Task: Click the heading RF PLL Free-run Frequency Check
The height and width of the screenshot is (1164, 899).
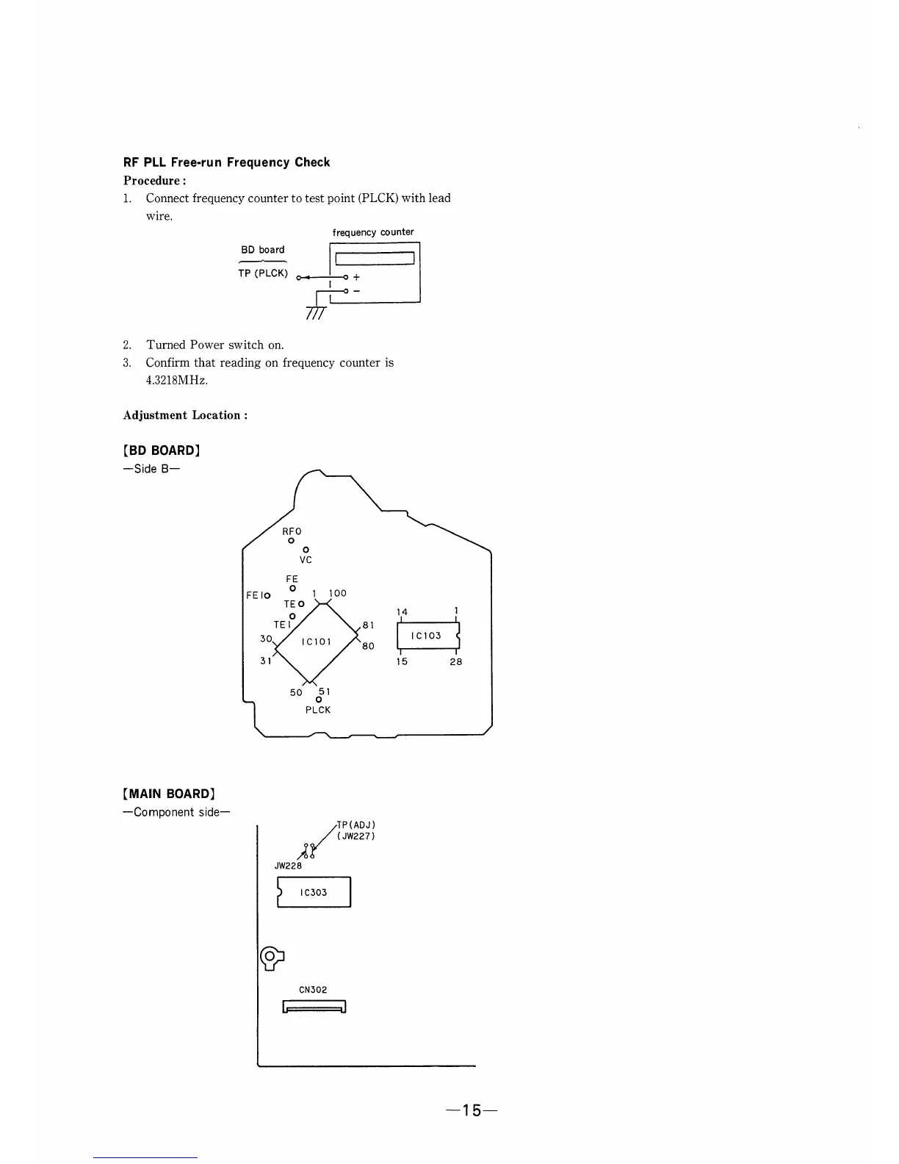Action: (226, 162)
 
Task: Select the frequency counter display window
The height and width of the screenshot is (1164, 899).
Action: (375, 258)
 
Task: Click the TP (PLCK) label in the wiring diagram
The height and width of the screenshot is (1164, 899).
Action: (262, 273)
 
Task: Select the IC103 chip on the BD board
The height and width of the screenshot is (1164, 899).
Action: (427, 636)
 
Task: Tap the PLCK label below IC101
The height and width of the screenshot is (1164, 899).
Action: (318, 710)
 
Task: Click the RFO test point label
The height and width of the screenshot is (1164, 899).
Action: (292, 531)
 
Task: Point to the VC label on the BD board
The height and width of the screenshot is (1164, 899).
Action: (306, 560)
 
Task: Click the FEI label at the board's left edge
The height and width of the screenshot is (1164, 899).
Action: (257, 595)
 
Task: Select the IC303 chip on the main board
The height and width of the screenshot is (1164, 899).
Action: (314, 892)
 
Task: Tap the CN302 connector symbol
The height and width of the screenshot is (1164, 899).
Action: (314, 1007)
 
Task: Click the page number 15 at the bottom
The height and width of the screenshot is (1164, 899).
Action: (471, 1110)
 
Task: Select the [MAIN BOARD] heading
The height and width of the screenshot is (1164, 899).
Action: (168, 794)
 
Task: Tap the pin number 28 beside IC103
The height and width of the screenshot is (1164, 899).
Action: (456, 661)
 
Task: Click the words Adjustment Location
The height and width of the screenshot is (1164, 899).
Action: (185, 415)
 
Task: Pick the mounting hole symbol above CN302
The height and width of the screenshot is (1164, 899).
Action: (271, 956)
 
